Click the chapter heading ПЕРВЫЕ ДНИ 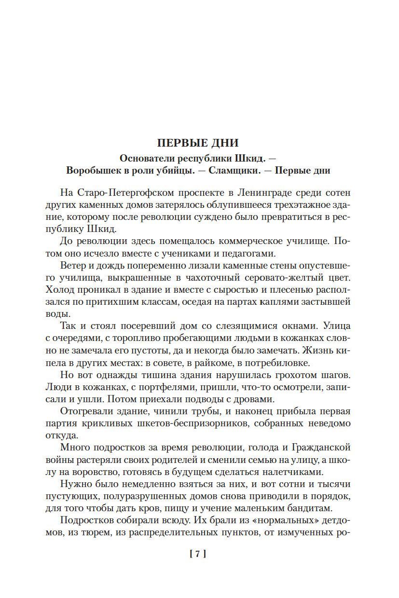pyautogui.click(x=198, y=143)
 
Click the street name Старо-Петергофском pyautogui.click(x=124, y=192)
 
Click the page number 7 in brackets pyautogui.click(x=198, y=554)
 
